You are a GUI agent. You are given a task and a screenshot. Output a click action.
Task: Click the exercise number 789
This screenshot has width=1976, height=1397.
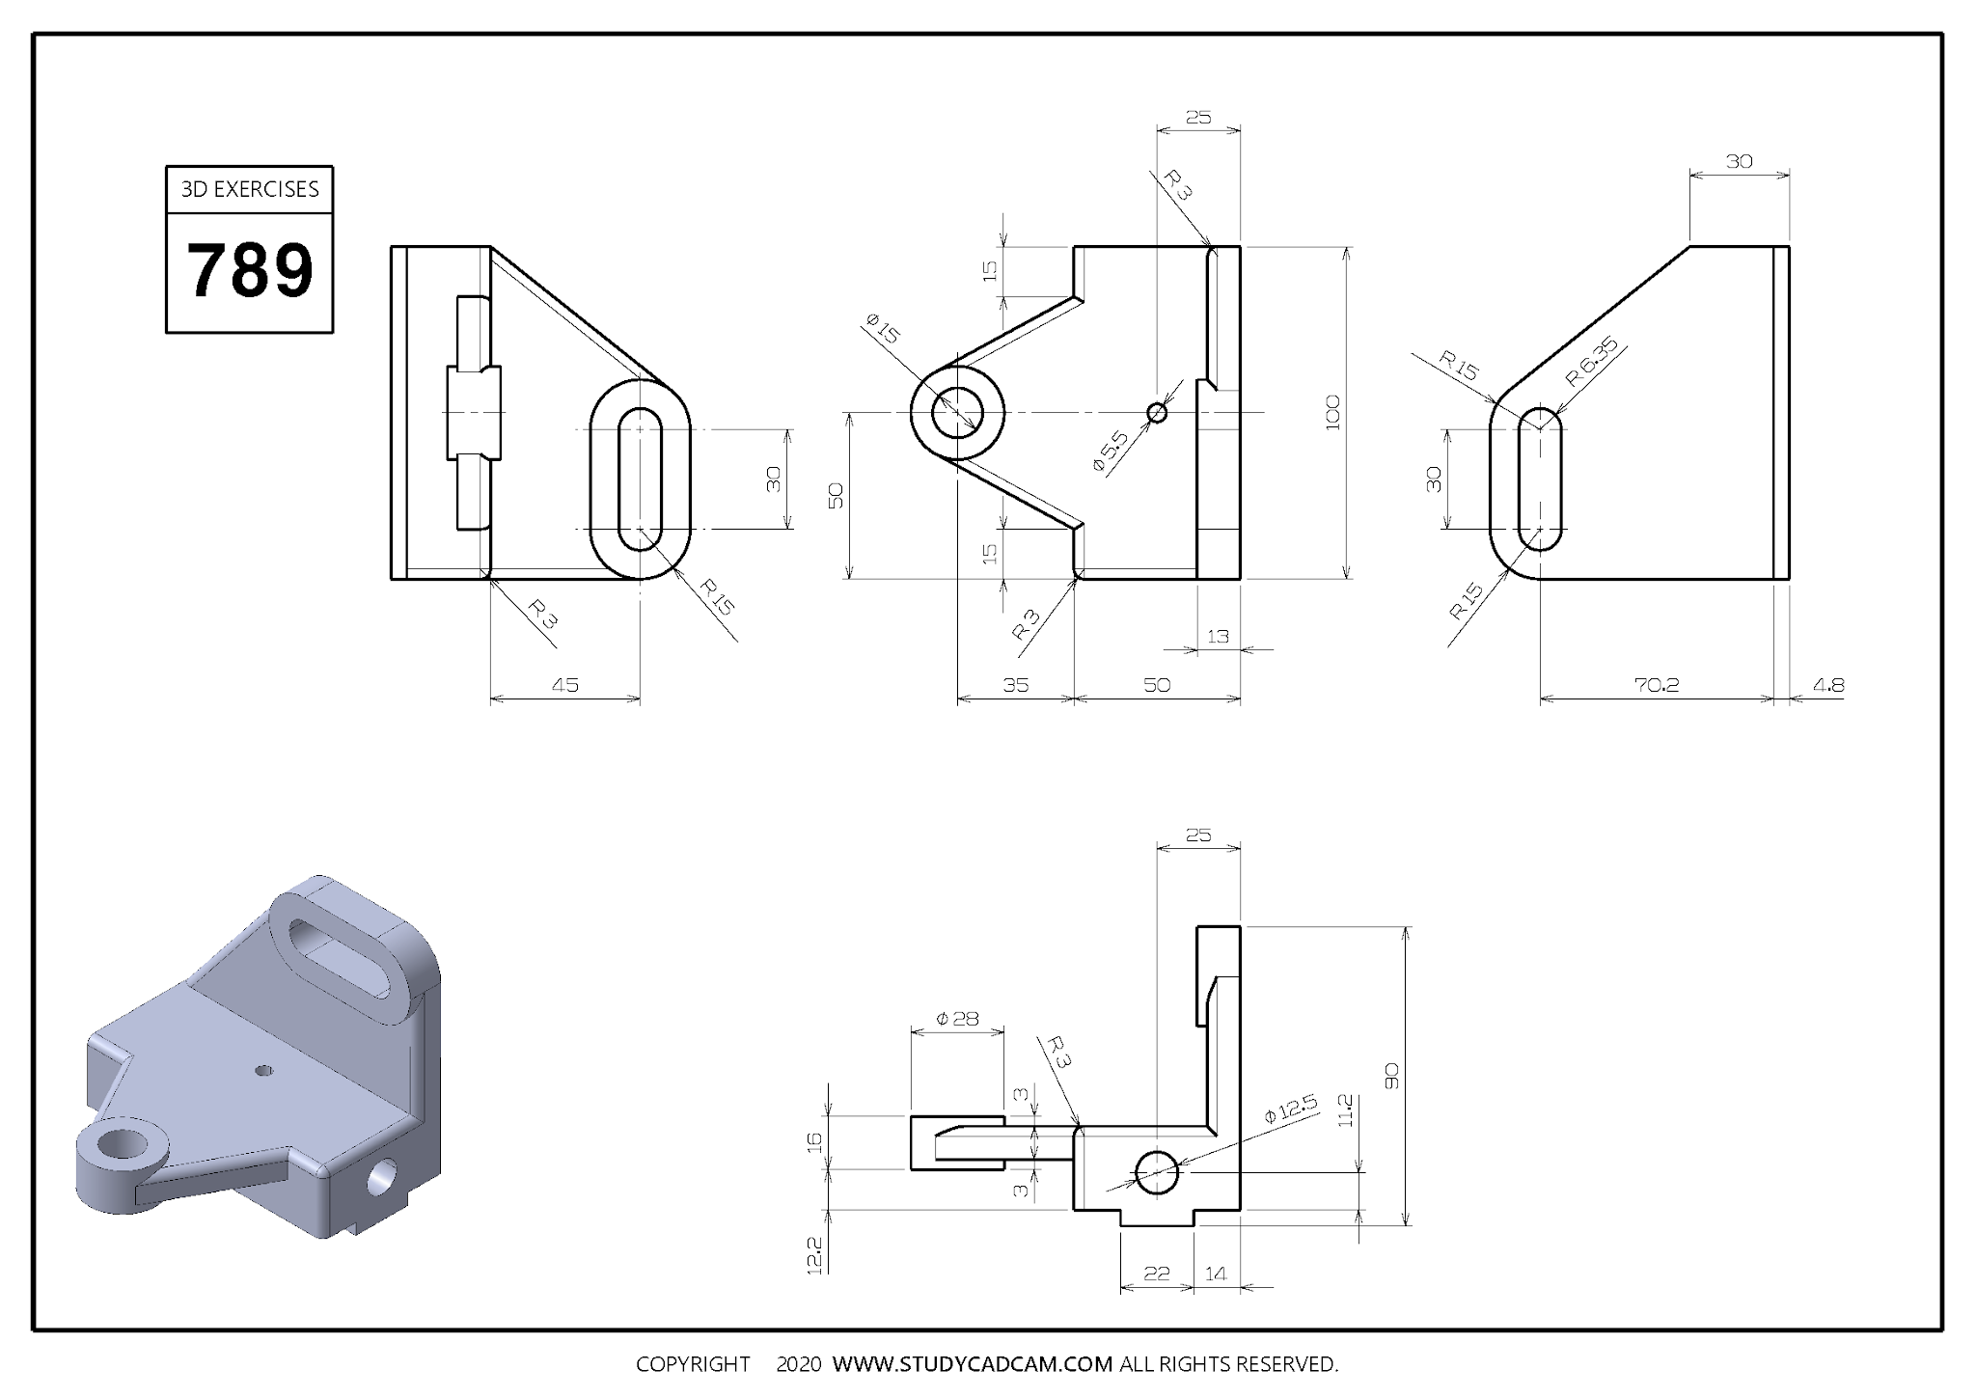tap(249, 271)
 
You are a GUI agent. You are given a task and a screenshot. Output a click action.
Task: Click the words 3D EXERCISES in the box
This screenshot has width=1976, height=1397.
tap(250, 189)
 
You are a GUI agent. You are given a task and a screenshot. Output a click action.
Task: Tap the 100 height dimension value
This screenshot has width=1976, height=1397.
tap(1333, 412)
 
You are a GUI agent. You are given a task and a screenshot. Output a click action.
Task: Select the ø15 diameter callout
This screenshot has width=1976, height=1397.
tap(882, 329)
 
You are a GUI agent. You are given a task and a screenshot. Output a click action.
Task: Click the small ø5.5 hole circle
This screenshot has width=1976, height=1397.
tap(1157, 413)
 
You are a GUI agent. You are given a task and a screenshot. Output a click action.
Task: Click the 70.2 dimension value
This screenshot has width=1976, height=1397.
tap(1657, 685)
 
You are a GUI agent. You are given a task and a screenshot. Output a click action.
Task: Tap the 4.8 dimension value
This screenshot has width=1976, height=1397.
tap(1827, 685)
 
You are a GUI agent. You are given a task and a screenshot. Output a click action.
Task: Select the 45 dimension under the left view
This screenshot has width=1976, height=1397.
tap(564, 685)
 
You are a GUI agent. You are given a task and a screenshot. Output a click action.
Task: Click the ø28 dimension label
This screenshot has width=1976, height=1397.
tap(957, 1019)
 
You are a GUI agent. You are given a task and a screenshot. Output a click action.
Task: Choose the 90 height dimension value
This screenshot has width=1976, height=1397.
tap(1391, 1076)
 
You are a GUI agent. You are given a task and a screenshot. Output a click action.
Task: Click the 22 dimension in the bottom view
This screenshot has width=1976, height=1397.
tap(1156, 1274)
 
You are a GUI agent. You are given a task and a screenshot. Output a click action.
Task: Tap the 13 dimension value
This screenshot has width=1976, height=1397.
tap(1218, 637)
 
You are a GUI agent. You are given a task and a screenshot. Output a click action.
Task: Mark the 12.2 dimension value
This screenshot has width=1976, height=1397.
tap(813, 1256)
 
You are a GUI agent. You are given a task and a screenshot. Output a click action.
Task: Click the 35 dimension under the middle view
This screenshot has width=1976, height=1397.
tap(1015, 685)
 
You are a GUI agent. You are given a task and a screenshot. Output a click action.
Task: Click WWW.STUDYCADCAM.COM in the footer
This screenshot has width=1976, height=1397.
tap(973, 1364)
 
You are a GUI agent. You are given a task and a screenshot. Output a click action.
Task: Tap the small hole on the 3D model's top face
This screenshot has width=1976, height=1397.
tap(262, 1070)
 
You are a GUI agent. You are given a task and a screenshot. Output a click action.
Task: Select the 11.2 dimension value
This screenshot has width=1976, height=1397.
tap(1346, 1110)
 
